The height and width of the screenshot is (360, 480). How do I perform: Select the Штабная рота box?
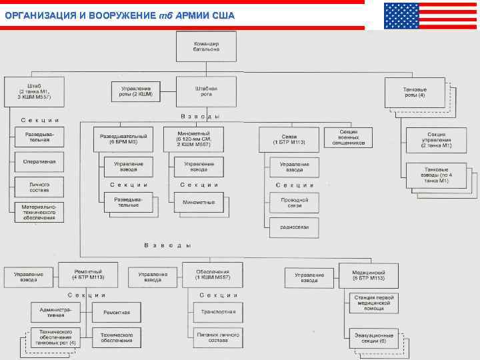click(206, 91)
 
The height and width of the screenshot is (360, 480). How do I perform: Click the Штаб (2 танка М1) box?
click(34, 92)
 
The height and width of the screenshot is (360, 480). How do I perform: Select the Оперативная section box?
click(39, 161)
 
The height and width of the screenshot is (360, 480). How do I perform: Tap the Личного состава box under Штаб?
click(39, 185)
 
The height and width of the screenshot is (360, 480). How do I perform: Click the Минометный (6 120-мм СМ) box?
click(193, 139)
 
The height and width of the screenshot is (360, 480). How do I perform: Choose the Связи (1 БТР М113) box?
click(289, 139)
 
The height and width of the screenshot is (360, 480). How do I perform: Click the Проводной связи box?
click(294, 201)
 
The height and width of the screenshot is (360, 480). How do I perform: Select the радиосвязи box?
click(294, 227)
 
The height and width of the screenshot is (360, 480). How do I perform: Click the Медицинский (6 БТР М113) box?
click(371, 275)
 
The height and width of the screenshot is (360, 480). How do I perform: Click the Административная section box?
click(55, 311)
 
